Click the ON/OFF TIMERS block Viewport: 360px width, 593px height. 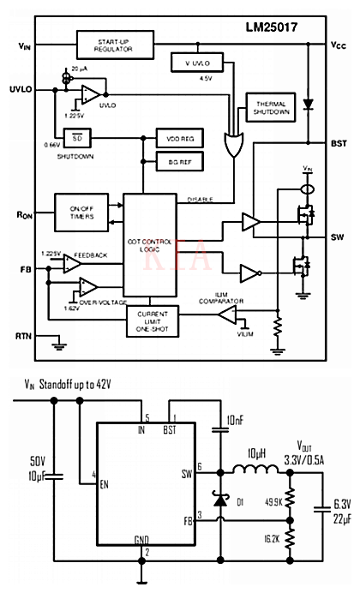click(x=81, y=212)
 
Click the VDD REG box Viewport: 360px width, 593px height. click(x=177, y=138)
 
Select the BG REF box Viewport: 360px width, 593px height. click(x=177, y=160)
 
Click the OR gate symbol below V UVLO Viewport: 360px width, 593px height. click(x=231, y=144)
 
